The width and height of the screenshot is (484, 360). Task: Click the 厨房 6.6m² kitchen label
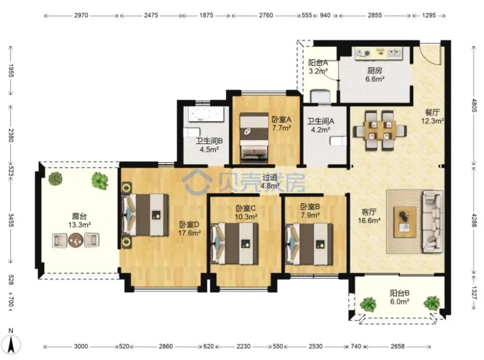pos(375,75)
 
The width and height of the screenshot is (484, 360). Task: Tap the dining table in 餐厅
pos(379,130)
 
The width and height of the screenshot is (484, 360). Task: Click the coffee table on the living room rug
pos(405,221)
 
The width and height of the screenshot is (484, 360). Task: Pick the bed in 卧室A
pos(254,137)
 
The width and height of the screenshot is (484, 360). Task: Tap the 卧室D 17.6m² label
pos(189,229)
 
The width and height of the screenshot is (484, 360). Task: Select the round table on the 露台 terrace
pos(76,240)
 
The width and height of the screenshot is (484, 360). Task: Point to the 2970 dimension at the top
pos(81,15)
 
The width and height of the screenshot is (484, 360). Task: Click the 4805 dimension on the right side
pos(475,105)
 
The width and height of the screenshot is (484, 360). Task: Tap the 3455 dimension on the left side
pos(10,220)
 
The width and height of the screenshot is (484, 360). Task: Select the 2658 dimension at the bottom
pos(397,346)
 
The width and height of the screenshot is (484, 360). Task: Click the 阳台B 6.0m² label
pos(399,297)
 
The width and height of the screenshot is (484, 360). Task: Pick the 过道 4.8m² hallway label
pos(270,181)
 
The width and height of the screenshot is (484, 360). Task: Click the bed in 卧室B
pos(309,244)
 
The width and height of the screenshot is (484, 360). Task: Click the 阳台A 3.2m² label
pos(318,67)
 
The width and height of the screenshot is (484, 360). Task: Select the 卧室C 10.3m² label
pos(246,212)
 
